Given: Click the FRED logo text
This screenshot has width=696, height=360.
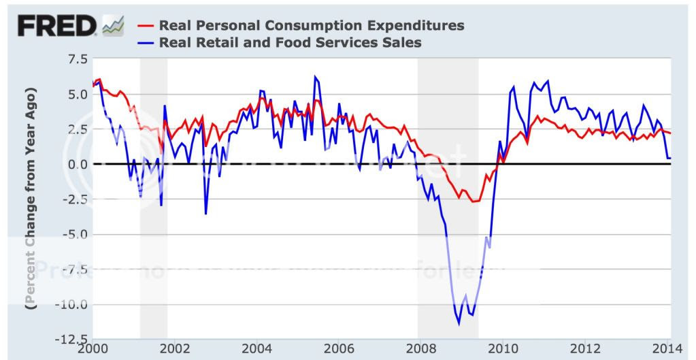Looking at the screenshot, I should coord(57,27).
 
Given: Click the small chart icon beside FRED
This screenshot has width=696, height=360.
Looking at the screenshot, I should coord(113,27).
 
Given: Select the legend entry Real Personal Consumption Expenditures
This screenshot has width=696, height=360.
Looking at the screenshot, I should coord(311,26).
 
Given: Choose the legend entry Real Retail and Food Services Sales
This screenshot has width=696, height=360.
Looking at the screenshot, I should coord(290,43).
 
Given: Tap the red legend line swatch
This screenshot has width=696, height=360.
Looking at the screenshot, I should coord(145,26).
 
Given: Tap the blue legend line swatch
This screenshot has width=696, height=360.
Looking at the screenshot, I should coord(145,43).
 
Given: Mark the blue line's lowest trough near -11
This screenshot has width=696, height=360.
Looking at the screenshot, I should coord(459,324).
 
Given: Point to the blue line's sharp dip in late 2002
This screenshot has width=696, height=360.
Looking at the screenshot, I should coord(205,214).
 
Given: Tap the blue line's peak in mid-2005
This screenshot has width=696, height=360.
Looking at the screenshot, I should coord(315,76).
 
